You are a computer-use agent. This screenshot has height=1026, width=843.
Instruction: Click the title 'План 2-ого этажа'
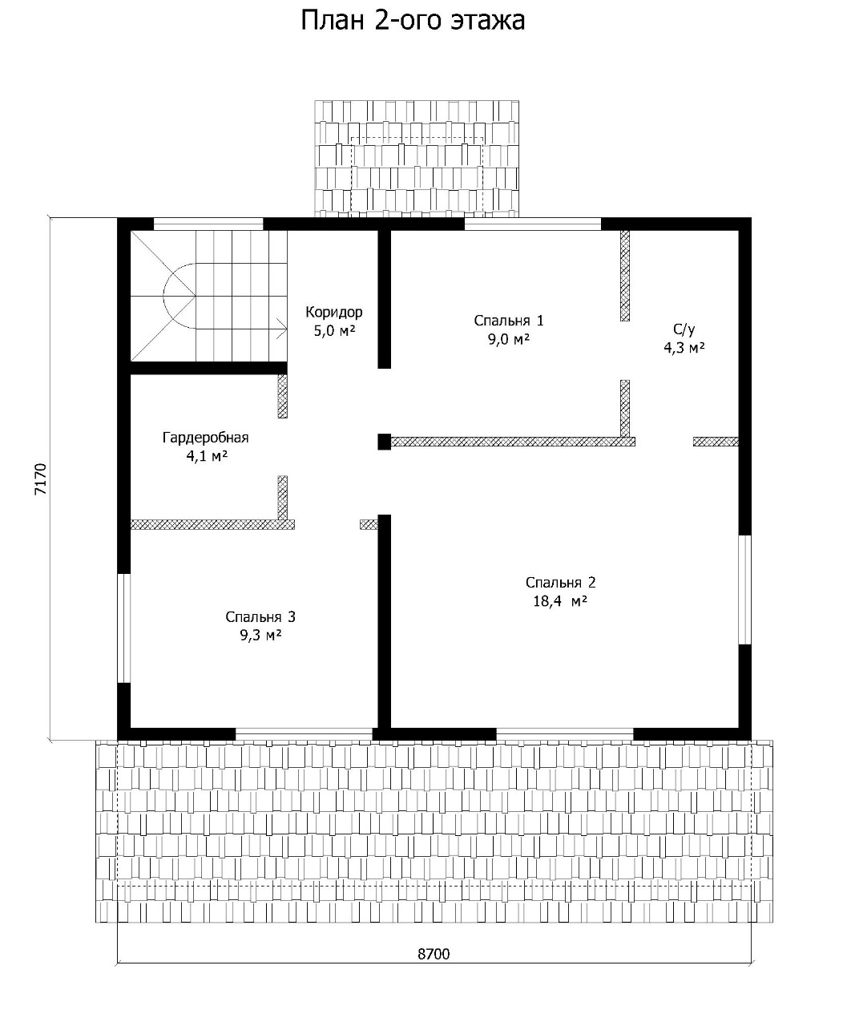coord(413,22)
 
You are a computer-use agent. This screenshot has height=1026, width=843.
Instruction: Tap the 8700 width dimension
coord(434,954)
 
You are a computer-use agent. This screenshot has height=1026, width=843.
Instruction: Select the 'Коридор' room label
coord(333,312)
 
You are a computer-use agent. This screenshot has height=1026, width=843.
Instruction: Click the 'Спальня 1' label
coord(509,321)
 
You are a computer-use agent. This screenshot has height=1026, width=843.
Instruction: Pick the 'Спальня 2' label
coord(560,582)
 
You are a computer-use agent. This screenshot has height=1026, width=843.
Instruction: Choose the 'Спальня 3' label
coord(260,617)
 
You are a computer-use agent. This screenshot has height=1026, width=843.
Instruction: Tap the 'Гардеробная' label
coord(205,438)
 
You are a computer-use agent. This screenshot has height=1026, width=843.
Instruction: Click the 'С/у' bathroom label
coord(684,329)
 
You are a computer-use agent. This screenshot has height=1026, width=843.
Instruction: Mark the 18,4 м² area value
coord(560,601)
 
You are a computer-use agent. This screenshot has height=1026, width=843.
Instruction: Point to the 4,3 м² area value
coord(684,348)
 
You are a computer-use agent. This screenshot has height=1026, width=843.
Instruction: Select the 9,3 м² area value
coord(260,636)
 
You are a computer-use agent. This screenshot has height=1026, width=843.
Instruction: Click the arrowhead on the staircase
coord(282,329)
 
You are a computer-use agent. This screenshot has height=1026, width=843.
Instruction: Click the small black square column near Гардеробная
coord(385,441)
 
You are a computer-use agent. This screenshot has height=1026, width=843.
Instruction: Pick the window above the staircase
coord(208,224)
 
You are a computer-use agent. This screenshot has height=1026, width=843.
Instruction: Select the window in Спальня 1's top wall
coord(533,224)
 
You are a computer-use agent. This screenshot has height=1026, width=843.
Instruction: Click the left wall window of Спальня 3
coord(124,628)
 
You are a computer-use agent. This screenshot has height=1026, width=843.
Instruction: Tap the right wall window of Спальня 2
coord(745,590)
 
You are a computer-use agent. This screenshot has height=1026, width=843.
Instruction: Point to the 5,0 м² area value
coord(334,331)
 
